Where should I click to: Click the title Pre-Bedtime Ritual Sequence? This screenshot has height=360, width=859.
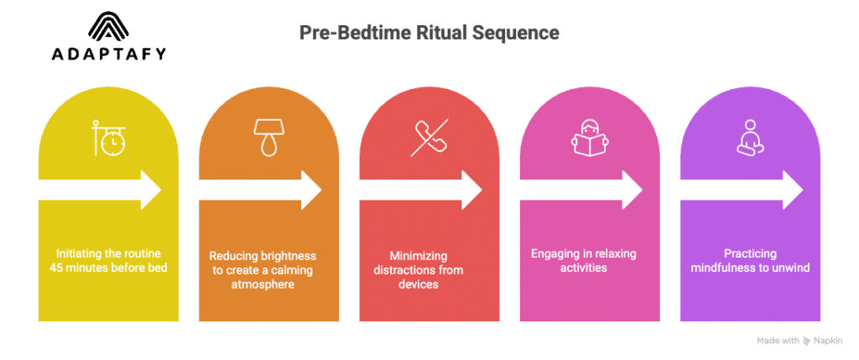(429, 34)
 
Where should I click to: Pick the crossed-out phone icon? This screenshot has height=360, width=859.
(429, 138)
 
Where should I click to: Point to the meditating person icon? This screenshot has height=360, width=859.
(749, 138)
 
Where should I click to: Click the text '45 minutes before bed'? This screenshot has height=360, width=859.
(108, 268)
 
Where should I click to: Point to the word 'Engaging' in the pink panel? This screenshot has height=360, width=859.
(555, 253)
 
